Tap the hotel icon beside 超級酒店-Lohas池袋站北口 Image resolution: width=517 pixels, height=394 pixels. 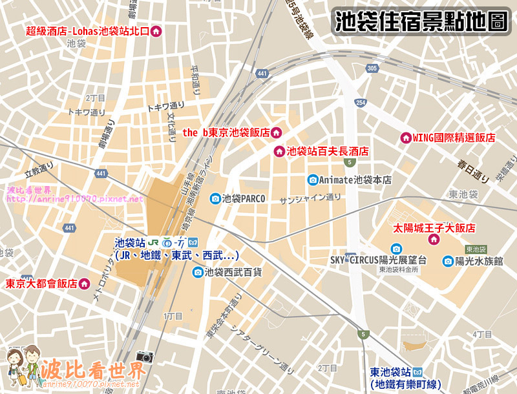tap(156, 31)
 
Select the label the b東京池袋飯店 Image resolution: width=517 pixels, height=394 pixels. tap(225, 132)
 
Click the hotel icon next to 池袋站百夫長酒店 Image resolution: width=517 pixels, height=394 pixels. tap(280, 152)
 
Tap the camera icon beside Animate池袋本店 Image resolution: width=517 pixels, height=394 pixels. tap(313, 180)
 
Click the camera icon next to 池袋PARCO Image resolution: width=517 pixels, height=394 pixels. tap(215, 199)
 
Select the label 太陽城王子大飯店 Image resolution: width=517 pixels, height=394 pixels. tap(434, 228)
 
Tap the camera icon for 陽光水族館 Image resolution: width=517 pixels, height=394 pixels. tap(448, 261)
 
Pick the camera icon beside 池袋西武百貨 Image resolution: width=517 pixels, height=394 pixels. tap(198, 273)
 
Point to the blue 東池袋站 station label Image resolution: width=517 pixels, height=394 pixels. tap(391, 373)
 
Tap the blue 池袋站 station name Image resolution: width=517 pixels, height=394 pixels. tap(129, 243)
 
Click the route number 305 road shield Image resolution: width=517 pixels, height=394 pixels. tap(371, 68)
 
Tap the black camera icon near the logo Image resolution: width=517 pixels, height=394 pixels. tap(145, 357)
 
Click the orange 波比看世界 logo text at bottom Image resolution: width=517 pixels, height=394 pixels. tap(92, 369)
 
